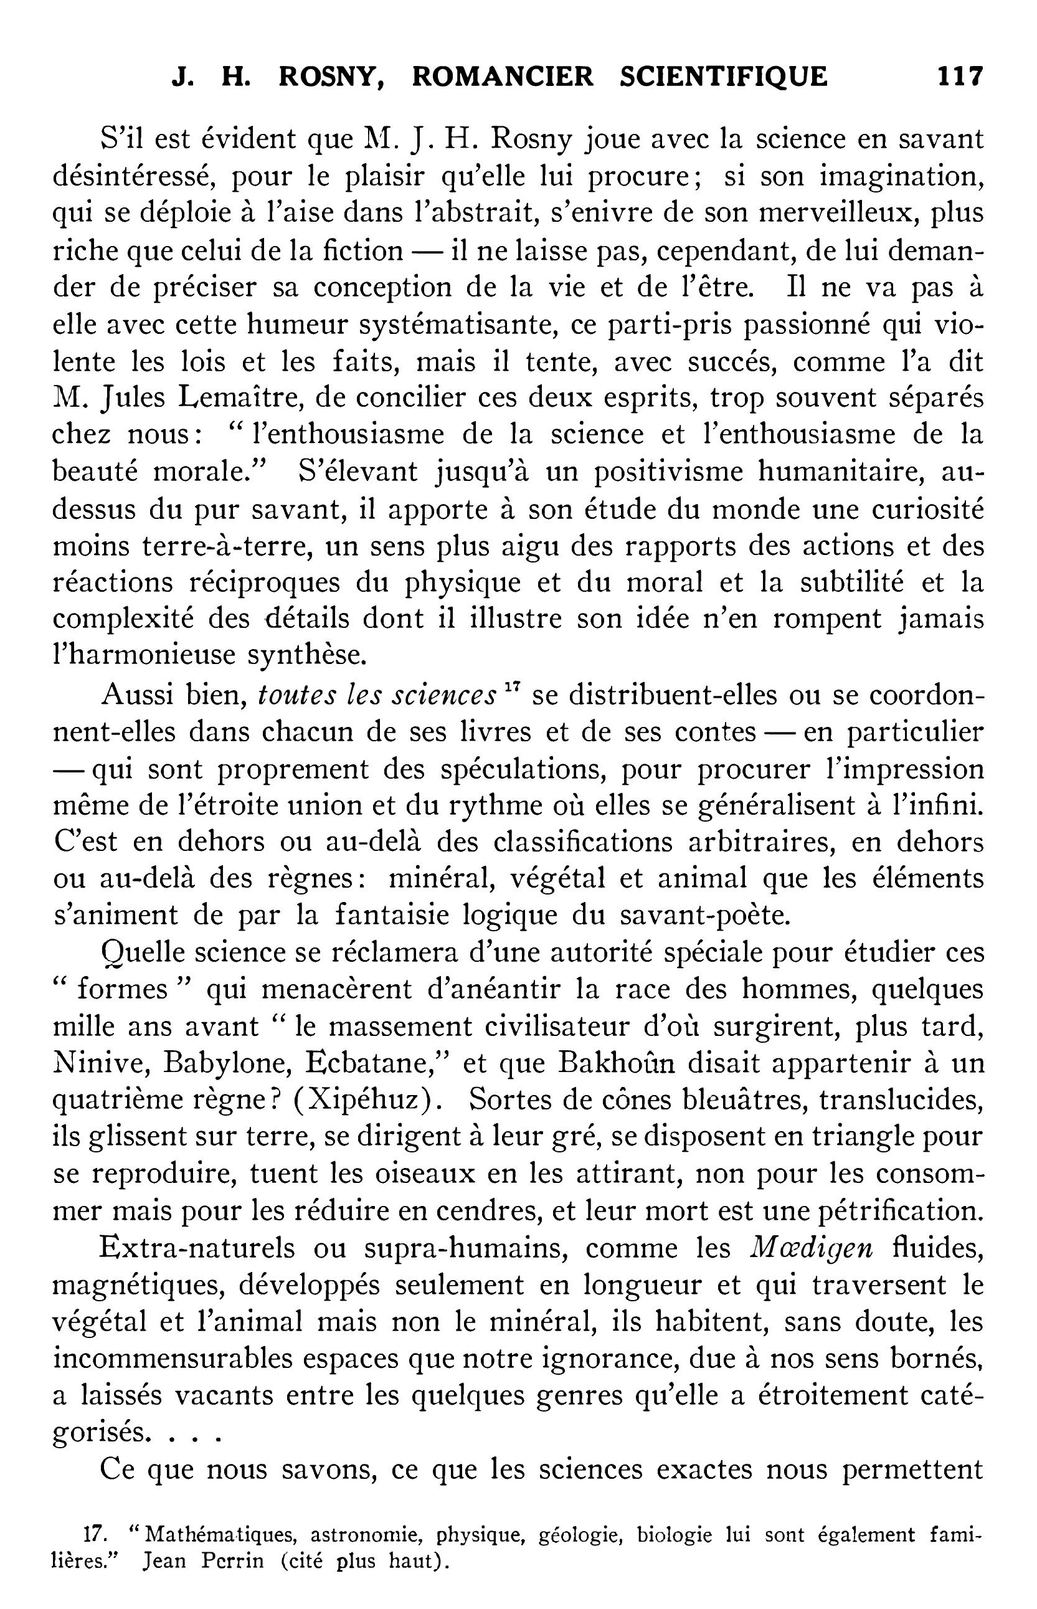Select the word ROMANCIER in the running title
point(503,76)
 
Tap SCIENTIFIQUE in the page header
point(723,76)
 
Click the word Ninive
point(93,1063)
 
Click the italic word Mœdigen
point(811,1248)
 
